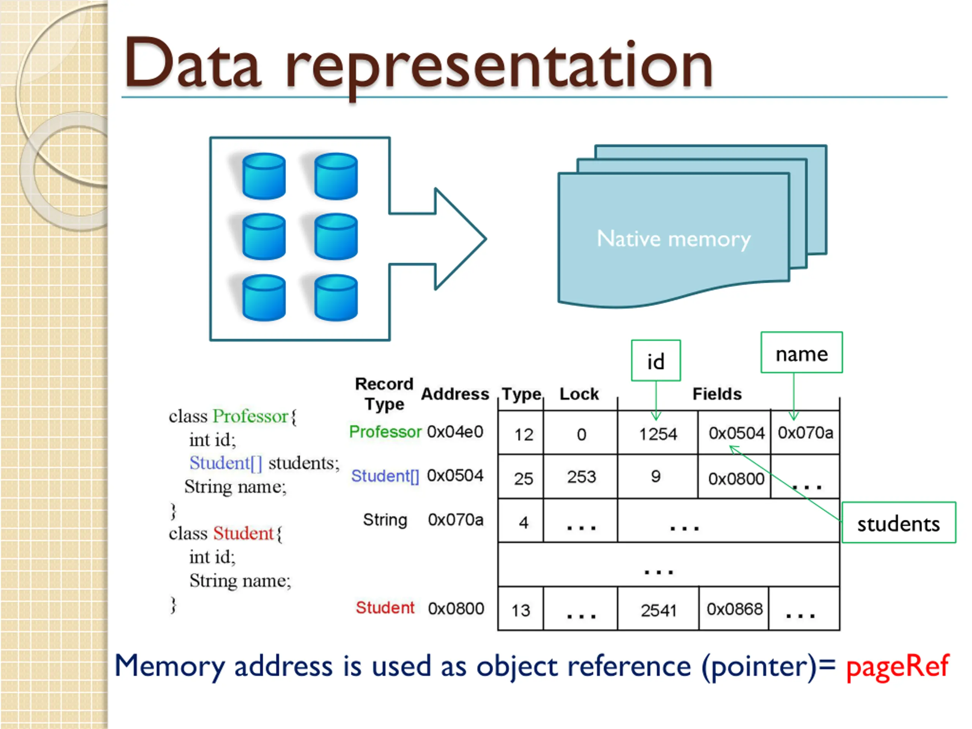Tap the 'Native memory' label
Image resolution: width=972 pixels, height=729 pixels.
(674, 240)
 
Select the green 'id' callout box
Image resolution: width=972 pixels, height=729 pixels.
(656, 360)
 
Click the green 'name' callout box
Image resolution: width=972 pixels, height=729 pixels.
(802, 352)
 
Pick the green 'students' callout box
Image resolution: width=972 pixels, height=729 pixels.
(899, 522)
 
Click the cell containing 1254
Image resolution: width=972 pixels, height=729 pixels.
(658, 433)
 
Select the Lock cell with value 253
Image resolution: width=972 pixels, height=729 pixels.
(581, 477)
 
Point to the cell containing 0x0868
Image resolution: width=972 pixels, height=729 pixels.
(734, 609)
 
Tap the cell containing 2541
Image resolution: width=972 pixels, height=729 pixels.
(658, 609)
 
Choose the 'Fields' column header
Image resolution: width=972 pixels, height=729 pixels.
(717, 394)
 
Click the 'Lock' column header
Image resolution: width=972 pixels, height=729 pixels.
(579, 394)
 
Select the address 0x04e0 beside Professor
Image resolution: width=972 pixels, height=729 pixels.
(455, 431)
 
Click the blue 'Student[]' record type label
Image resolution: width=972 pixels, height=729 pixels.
(385, 476)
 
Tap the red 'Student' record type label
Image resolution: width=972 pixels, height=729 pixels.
(385, 608)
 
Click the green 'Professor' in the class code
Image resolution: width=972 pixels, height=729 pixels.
(251, 416)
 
